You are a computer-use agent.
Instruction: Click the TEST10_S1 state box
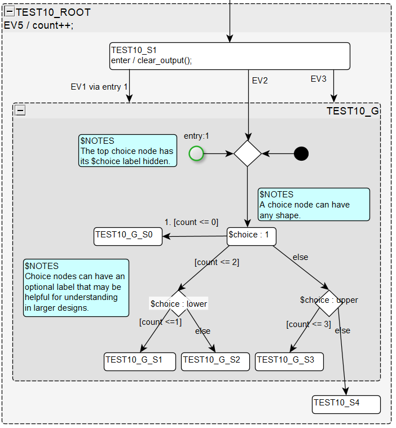[230, 56]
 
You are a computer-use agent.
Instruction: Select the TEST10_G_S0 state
[127, 236]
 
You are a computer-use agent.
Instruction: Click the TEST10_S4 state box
[346, 404]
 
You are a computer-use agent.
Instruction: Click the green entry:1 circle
[196, 153]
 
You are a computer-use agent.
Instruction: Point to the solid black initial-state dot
[301, 153]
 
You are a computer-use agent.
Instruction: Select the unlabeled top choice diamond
[248, 153]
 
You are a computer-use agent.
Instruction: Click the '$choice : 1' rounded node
[251, 236]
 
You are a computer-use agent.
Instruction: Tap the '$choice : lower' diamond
[179, 303]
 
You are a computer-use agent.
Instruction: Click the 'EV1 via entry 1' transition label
[99, 87]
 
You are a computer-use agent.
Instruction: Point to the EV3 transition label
[318, 79]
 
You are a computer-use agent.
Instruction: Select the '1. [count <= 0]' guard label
[191, 222]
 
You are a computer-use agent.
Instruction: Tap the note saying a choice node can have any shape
[314, 204]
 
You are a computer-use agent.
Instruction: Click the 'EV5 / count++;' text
[38, 25]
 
